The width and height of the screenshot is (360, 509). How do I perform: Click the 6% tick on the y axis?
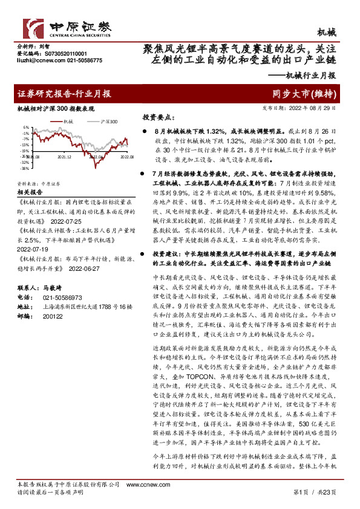coord(27,128)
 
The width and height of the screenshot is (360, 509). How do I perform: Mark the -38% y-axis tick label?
coord(25,169)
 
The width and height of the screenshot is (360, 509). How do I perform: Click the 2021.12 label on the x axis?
coord(65,155)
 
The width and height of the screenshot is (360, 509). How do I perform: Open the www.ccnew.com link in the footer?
coord(140,484)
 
